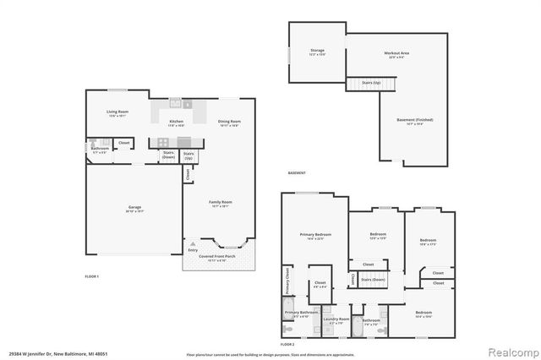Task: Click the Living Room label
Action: tap(117, 112)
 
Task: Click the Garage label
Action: tap(134, 207)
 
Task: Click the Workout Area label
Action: tap(397, 52)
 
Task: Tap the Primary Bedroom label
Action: tap(315, 235)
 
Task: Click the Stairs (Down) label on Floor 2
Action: tap(373, 279)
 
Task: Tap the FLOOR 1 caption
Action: tap(92, 276)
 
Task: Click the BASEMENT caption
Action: tap(297, 172)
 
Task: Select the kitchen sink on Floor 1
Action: tap(176, 103)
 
